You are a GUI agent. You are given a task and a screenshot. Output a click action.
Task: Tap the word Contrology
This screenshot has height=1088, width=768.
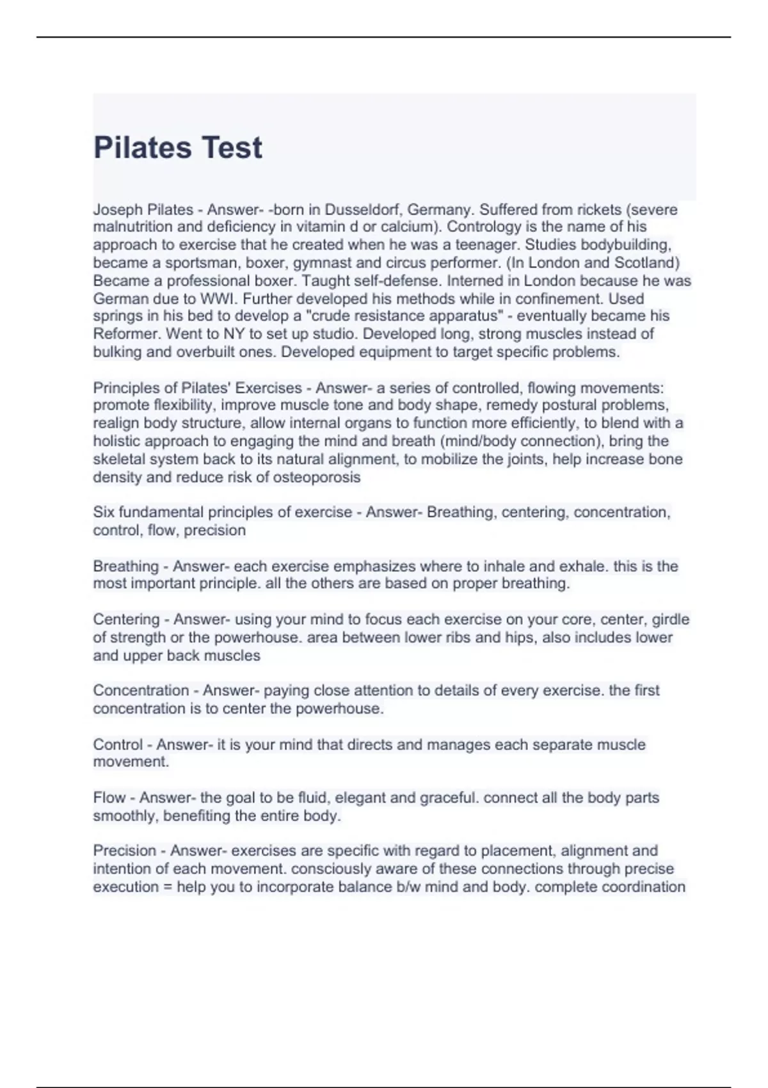click(484, 227)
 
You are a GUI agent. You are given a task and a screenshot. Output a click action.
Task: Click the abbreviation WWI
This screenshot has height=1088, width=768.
click(218, 299)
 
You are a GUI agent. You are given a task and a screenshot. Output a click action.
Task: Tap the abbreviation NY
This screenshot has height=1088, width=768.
click(230, 334)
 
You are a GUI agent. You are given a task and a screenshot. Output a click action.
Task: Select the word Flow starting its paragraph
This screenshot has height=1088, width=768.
click(109, 798)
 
